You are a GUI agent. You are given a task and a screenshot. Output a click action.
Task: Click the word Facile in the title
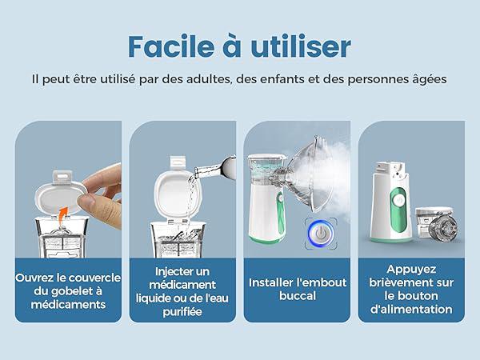(171, 46)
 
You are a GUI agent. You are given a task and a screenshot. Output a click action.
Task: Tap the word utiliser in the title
(301, 46)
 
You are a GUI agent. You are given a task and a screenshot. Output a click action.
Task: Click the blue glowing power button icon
(321, 233)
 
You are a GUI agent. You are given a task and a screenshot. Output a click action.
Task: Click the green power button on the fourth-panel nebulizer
(398, 201)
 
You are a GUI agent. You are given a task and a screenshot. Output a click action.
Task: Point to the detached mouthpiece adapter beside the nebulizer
(443, 228)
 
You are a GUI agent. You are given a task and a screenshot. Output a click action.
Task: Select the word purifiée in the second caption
(182, 312)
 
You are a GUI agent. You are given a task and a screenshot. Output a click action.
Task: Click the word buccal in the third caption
(298, 296)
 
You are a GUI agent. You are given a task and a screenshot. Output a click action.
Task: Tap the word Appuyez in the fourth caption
(411, 270)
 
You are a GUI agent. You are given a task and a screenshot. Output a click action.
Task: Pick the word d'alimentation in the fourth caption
(411, 309)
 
